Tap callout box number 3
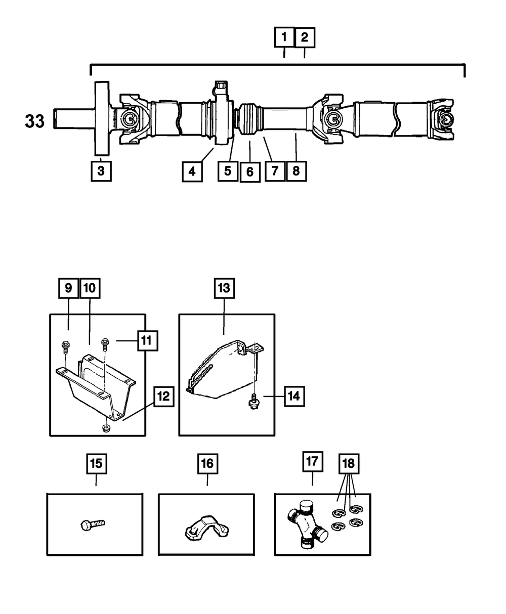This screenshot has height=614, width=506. [x=101, y=171]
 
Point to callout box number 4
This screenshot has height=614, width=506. [x=192, y=171]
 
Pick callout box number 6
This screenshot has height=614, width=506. [x=249, y=171]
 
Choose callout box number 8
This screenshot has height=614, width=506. [x=296, y=171]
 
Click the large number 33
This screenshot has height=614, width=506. [x=35, y=122]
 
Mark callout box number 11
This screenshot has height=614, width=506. [x=146, y=341]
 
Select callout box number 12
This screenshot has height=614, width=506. [x=162, y=397]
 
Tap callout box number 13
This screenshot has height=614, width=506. [x=224, y=288]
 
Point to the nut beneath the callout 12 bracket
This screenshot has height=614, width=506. [x=106, y=429]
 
